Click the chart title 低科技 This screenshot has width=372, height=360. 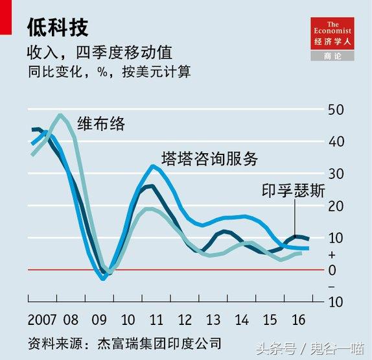tap(58, 27)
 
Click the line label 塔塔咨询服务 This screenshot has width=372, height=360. tap(209, 158)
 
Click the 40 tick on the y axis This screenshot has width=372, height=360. tap(335, 141)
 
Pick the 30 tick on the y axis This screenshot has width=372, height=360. tap(335, 174)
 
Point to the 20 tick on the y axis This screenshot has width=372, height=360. tap(335, 206)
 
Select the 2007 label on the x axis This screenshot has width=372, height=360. tap(42, 320)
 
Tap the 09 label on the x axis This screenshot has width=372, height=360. tap(99, 320)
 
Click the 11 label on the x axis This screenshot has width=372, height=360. tap(156, 320)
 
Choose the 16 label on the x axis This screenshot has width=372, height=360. tap(299, 320)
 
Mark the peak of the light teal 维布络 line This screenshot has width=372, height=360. tap(60, 115)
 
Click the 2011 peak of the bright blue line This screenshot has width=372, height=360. tap(153, 166)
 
